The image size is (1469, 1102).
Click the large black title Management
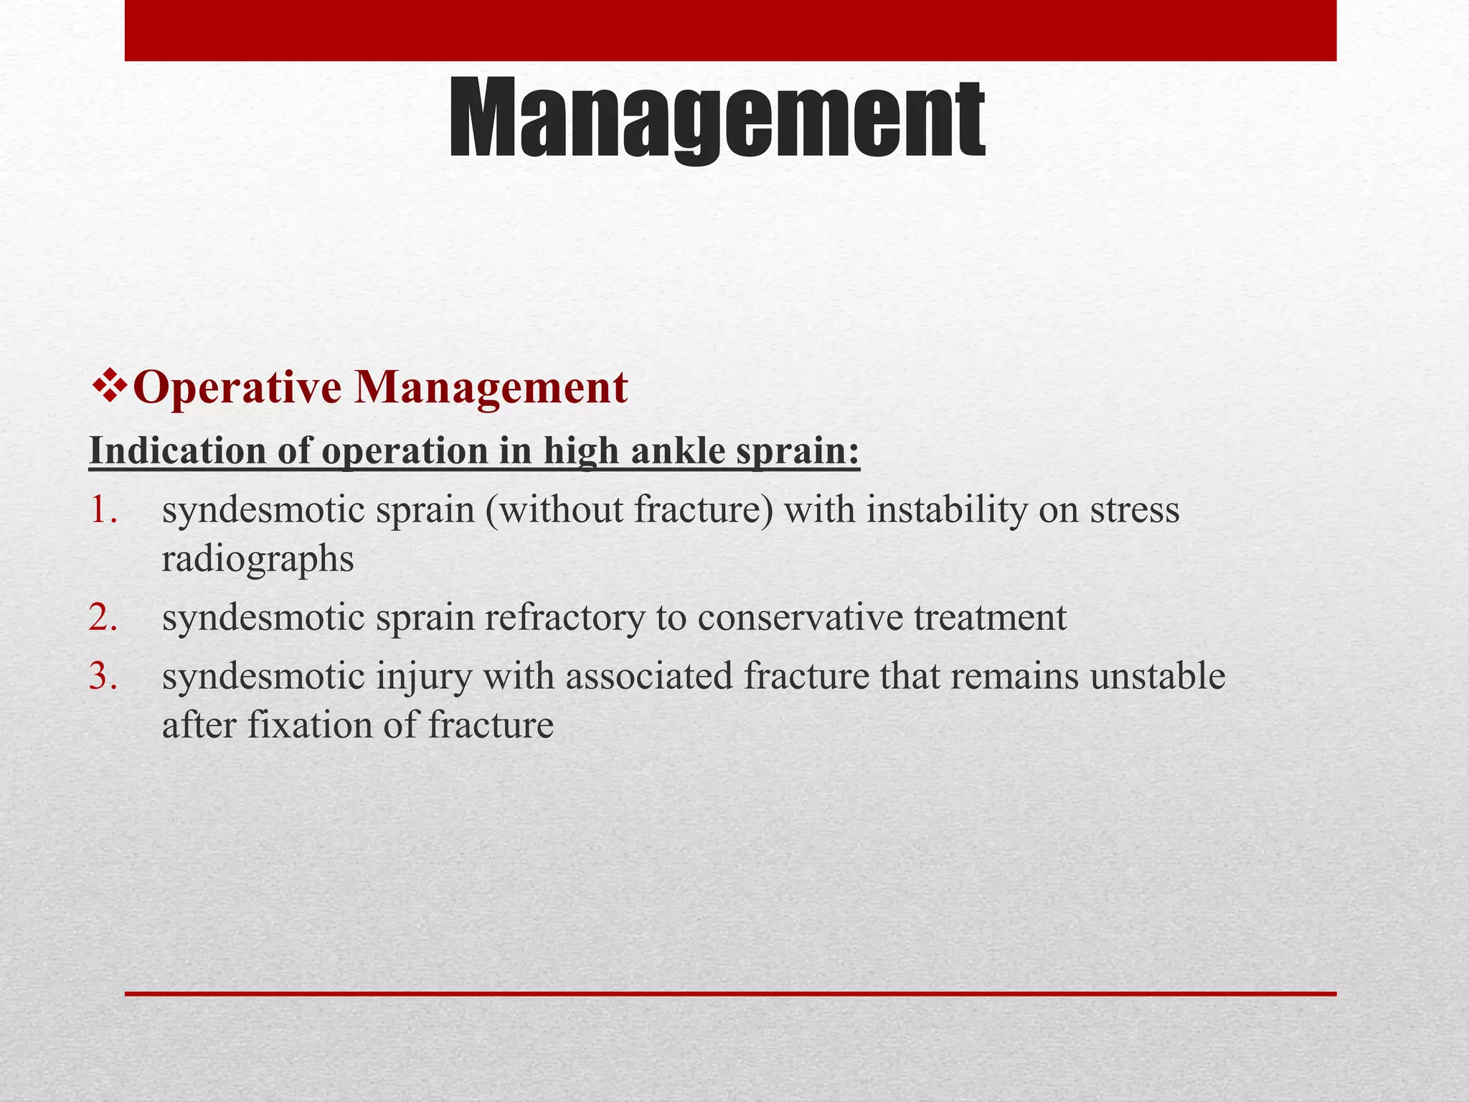coord(717,121)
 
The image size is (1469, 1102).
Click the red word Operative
coord(237,388)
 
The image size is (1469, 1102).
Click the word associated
coord(649,677)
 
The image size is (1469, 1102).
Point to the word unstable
coord(1158,677)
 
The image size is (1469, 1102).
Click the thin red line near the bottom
coord(730,994)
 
